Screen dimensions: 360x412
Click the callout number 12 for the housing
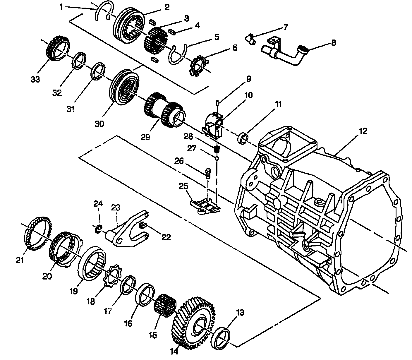coord(363,131)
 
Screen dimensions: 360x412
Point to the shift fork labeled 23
coord(129,228)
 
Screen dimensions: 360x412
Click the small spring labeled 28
coord(217,149)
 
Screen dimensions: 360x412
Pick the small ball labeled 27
coord(217,158)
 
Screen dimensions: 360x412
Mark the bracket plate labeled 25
coord(205,206)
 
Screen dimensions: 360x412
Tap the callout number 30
coord(99,124)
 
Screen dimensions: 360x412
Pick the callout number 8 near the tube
coord(333,43)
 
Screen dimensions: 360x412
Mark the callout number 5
coord(217,37)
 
